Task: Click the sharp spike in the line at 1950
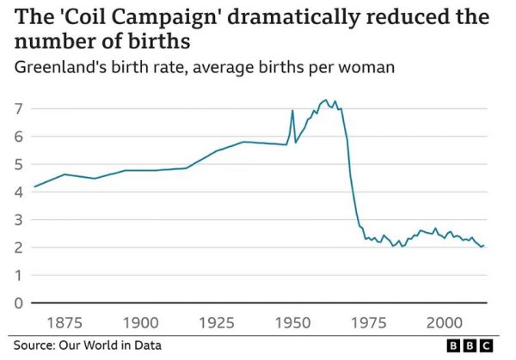[x=292, y=111]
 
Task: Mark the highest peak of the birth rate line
[x=325, y=100]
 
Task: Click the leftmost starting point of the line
[x=34, y=186]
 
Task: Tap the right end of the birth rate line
[x=484, y=246]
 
